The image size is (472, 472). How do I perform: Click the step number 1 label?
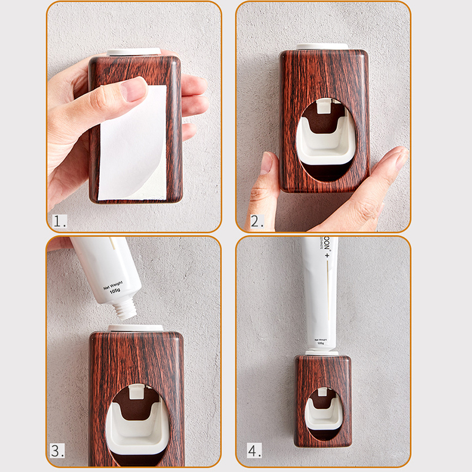[60, 221]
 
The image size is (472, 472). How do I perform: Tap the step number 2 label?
[256, 221]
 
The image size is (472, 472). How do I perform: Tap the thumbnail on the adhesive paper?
[134, 89]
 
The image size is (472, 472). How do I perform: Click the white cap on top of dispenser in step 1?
[135, 52]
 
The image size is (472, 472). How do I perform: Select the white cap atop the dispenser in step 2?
[323, 46]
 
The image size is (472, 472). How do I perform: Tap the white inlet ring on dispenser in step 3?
[135, 327]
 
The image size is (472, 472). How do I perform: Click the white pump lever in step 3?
[136, 431]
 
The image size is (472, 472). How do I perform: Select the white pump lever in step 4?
[323, 413]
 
